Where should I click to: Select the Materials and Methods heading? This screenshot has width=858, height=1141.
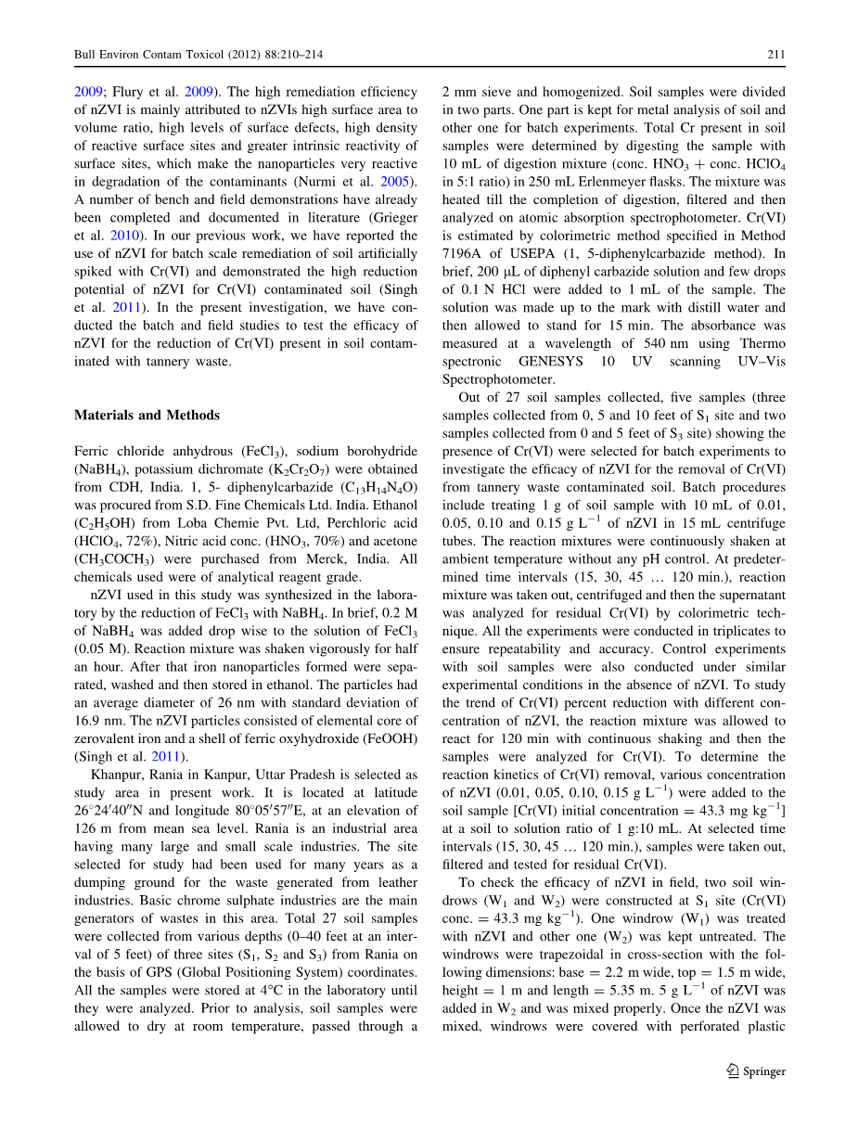(x=147, y=415)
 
